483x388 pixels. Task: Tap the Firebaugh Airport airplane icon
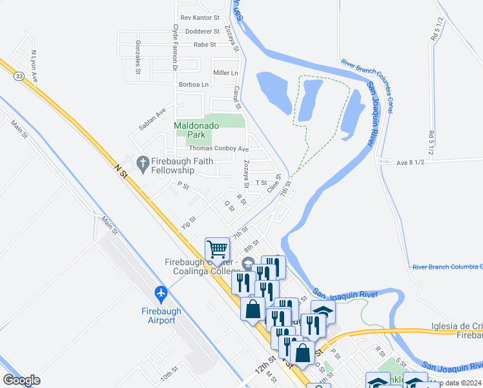pyautogui.click(x=161, y=294)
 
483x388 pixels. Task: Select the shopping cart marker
pyautogui.click(x=218, y=249)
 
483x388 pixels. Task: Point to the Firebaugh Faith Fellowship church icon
pyautogui.click(x=142, y=161)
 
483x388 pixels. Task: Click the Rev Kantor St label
pyautogui.click(x=200, y=17)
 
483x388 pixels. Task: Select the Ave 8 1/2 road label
pyautogui.click(x=415, y=163)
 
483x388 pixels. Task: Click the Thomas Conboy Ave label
pyautogui.click(x=209, y=149)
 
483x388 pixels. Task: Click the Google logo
pyautogui.click(x=21, y=380)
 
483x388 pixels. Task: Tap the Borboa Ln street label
pyautogui.click(x=194, y=84)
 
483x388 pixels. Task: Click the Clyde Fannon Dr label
pyautogui.click(x=174, y=47)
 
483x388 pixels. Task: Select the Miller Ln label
pyautogui.click(x=225, y=73)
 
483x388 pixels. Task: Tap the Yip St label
pyautogui.click(x=189, y=223)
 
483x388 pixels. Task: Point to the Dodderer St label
pyautogui.click(x=202, y=31)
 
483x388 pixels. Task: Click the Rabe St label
pyautogui.click(x=204, y=45)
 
